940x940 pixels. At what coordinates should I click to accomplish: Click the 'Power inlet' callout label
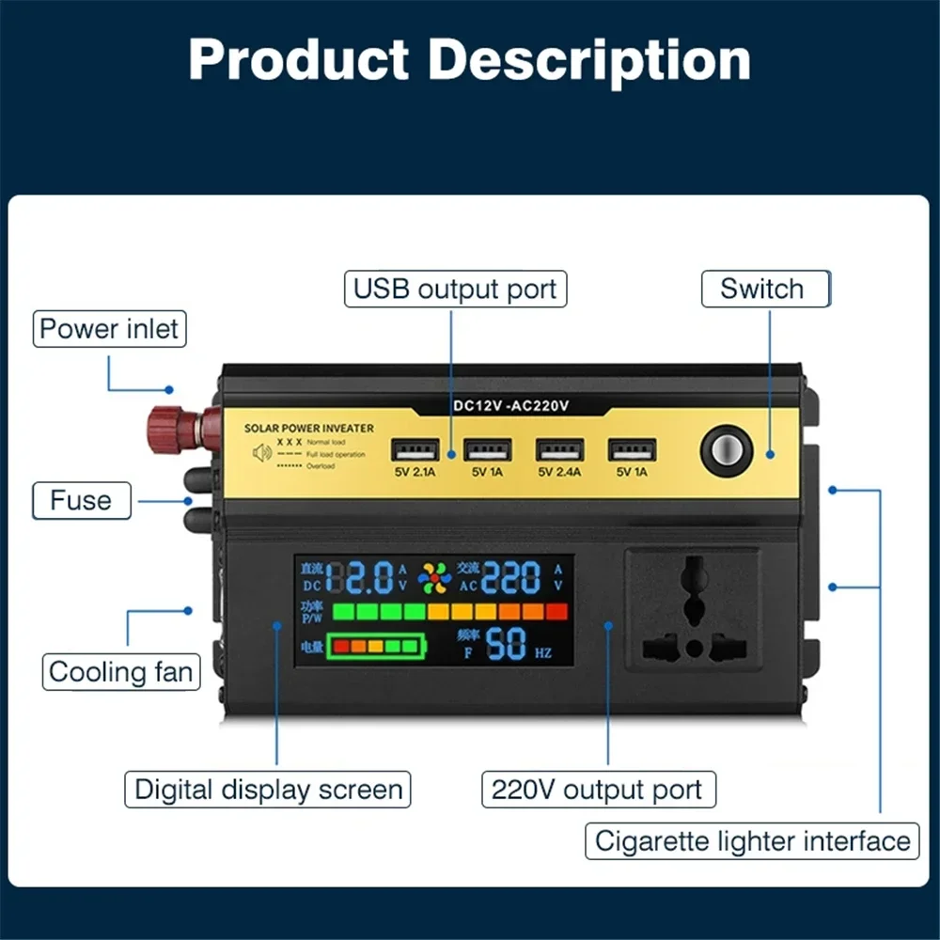click(x=109, y=330)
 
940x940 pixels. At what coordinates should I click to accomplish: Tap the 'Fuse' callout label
click(x=81, y=500)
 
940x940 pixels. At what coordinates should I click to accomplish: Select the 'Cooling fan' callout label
click(x=121, y=672)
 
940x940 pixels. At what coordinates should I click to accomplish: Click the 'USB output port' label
click(x=456, y=289)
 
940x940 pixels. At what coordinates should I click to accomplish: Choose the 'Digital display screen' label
click(x=269, y=789)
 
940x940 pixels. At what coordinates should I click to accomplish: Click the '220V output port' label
click(x=597, y=790)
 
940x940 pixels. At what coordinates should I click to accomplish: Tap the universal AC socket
click(x=694, y=609)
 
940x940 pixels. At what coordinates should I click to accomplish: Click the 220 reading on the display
click(x=511, y=578)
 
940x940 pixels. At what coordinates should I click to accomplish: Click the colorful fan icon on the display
click(x=434, y=577)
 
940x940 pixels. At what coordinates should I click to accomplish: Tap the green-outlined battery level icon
click(x=375, y=646)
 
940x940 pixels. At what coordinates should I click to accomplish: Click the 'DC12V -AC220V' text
click(x=512, y=406)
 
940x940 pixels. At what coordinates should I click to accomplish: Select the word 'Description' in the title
click(x=589, y=59)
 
